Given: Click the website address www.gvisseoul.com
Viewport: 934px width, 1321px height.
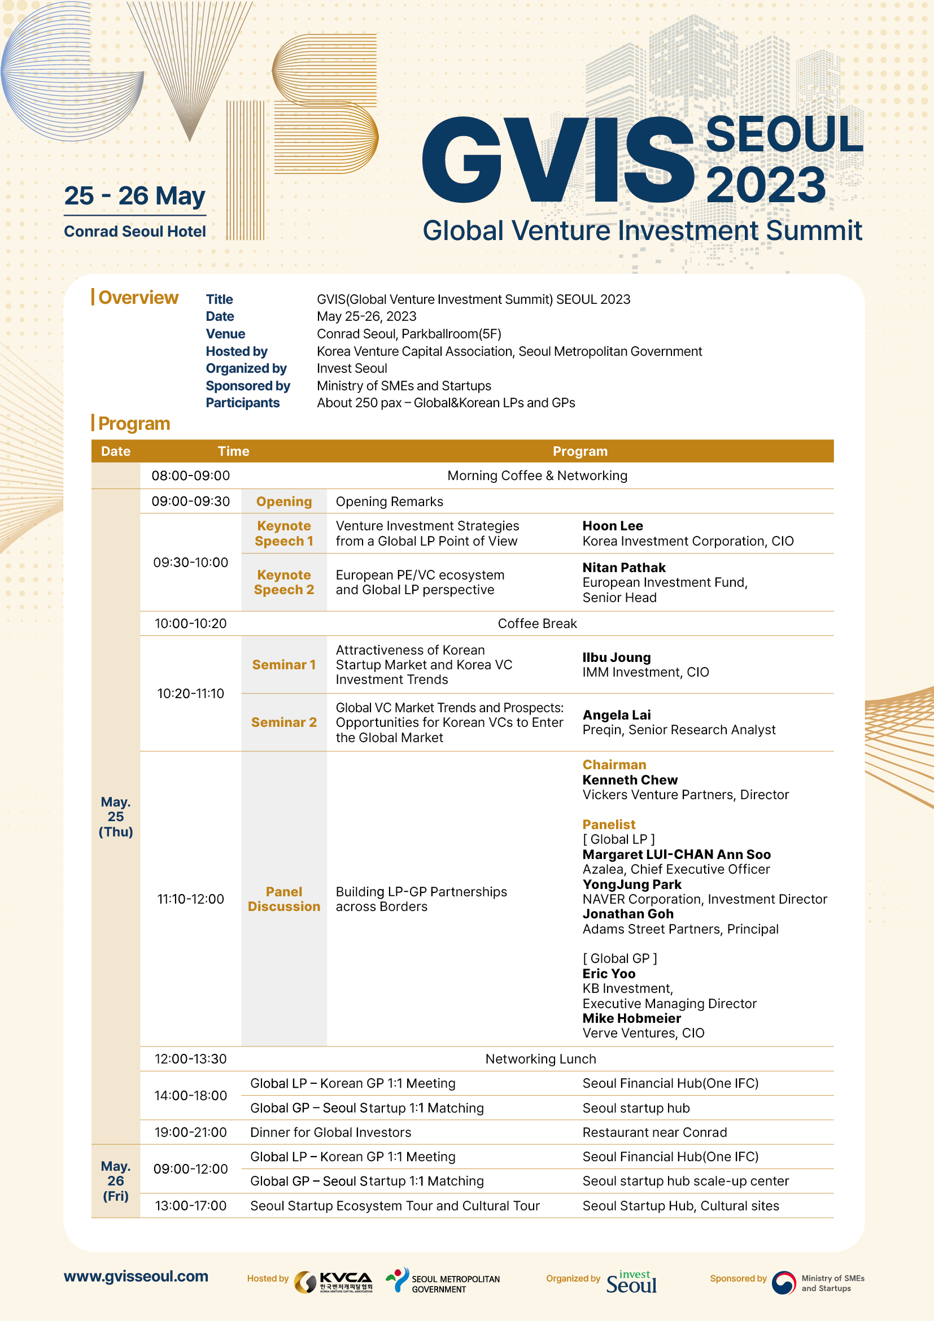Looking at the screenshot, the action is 136,1276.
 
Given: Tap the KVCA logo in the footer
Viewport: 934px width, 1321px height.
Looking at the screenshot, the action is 334,1282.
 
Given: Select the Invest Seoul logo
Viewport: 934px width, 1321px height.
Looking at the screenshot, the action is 631,1282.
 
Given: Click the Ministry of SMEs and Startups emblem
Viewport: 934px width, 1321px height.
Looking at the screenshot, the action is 783,1283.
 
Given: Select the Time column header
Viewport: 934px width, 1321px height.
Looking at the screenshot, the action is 234,451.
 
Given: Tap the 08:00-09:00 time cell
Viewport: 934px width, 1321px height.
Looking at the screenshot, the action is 190,476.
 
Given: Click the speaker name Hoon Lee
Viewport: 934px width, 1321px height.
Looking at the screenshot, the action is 613,526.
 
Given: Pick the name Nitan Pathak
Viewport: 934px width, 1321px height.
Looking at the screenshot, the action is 624,567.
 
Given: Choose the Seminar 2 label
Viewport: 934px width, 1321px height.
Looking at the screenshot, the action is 284,722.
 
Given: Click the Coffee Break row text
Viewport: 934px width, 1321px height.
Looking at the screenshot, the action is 537,624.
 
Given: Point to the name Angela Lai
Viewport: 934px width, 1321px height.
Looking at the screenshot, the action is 617,714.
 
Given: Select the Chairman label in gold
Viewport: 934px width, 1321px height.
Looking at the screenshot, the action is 614,765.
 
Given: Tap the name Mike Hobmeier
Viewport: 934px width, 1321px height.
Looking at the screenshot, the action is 631,1018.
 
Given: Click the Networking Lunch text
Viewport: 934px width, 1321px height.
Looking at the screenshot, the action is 540,1058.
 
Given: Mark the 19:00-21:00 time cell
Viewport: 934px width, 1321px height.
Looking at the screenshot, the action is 190,1132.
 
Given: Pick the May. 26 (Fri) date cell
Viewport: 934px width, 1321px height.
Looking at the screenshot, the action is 116,1180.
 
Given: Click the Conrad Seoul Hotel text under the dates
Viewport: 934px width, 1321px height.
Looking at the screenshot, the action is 134,232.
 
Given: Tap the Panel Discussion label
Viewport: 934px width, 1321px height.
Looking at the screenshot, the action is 284,899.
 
